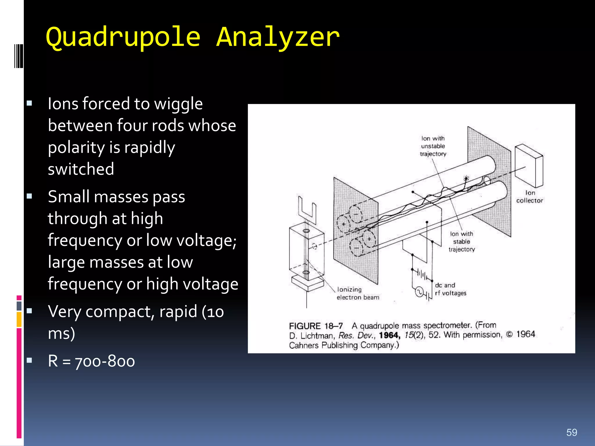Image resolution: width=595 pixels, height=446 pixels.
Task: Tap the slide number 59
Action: pyautogui.click(x=571, y=432)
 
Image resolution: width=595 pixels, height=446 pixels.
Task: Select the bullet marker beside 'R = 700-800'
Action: pyautogui.click(x=29, y=361)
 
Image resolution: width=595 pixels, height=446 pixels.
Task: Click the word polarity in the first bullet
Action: pyautogui.click(x=76, y=148)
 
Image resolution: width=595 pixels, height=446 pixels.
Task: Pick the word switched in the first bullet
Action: pyautogui.click(x=81, y=169)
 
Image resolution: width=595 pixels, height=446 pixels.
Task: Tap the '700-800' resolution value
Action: pyautogui.click(x=105, y=361)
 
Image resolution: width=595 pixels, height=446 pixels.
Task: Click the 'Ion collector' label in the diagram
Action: pyautogui.click(x=530, y=197)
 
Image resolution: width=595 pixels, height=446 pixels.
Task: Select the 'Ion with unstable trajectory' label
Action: pyautogui.click(x=433, y=146)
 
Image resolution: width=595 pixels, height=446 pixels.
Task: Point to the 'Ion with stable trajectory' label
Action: pyautogui.click(x=462, y=242)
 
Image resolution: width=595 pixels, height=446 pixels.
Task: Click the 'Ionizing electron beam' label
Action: pyautogui.click(x=358, y=293)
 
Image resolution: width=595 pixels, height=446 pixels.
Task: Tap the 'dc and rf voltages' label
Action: pyautogui.click(x=450, y=289)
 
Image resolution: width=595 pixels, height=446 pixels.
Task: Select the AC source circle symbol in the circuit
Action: pyautogui.click(x=419, y=292)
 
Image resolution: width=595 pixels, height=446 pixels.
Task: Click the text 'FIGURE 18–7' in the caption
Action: pyautogui.click(x=316, y=326)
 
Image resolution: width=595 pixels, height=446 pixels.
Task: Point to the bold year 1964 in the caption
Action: pyautogui.click(x=390, y=335)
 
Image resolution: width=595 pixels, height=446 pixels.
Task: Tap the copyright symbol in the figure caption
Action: pyautogui.click(x=509, y=334)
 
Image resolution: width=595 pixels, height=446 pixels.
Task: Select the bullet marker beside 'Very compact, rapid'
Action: pyautogui.click(x=29, y=311)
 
